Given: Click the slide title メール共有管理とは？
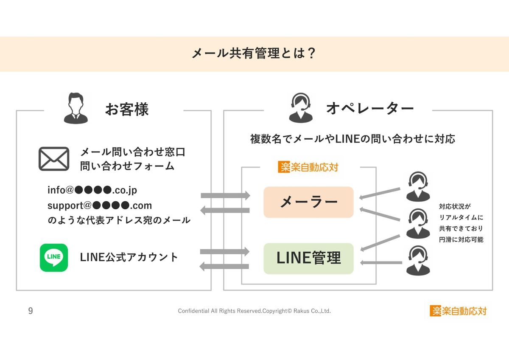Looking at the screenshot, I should click(x=254, y=54).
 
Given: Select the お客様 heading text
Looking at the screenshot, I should click(x=127, y=109).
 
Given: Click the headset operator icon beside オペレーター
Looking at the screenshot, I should click(x=301, y=108).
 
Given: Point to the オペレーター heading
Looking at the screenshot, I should click(x=369, y=109).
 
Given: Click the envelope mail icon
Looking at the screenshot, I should click(x=54, y=159).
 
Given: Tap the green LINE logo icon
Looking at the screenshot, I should click(x=54, y=258).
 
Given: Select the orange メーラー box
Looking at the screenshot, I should click(x=308, y=202).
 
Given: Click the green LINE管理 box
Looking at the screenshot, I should click(x=308, y=258).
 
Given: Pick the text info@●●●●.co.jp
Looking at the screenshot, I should click(x=92, y=190).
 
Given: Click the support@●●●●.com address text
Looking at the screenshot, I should click(x=100, y=205).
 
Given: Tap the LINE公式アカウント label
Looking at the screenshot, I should click(x=129, y=257).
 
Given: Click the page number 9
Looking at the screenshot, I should click(x=30, y=311).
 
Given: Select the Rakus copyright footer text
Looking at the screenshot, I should click(x=254, y=311).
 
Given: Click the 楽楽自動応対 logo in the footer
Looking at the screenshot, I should click(x=458, y=311).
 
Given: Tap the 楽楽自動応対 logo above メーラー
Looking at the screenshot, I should click(x=308, y=167).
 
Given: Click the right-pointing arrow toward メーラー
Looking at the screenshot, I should click(x=225, y=195).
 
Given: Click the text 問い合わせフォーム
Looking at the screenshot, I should click(x=127, y=166).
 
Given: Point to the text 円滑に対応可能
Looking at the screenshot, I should click(x=461, y=239).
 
